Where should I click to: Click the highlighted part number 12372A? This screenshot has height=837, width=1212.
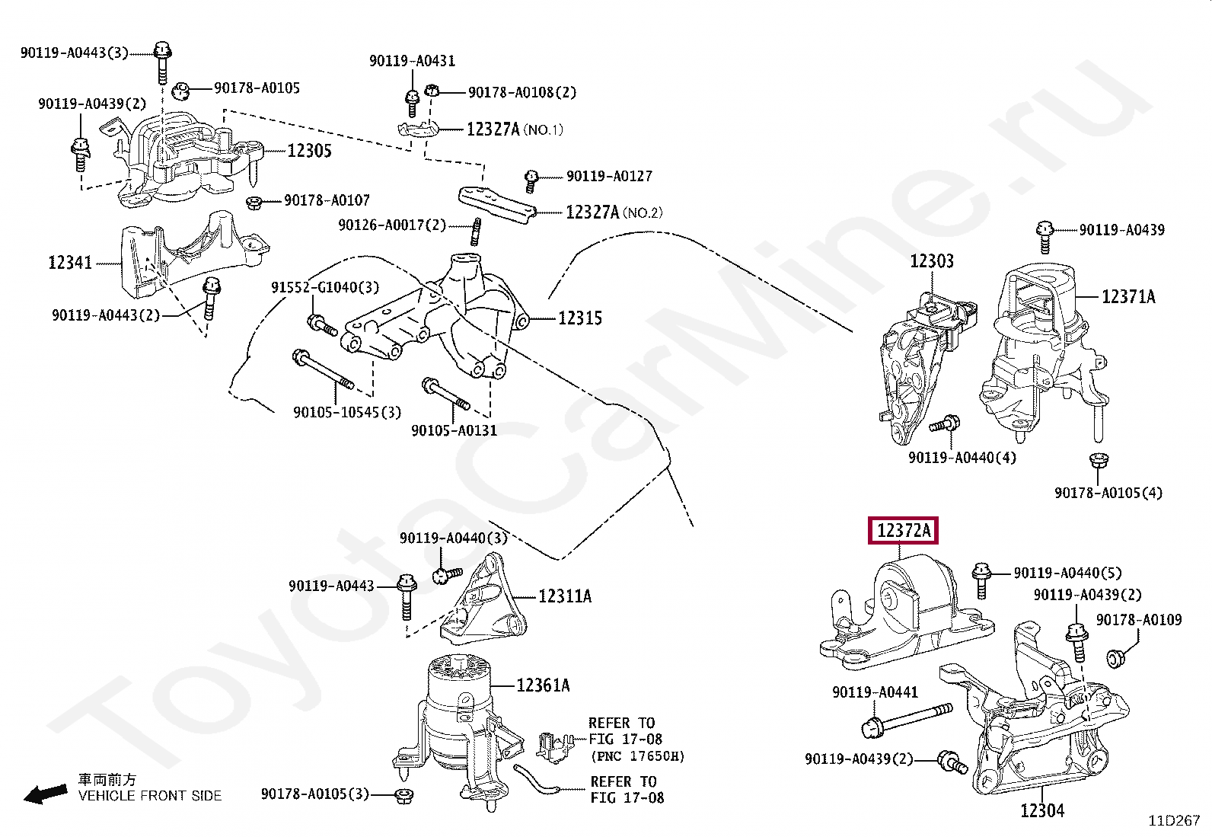pos(903,530)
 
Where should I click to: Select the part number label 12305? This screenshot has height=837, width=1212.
pos(309,151)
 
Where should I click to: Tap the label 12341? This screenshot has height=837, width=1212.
pos(70,263)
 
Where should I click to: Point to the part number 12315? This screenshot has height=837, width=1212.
pos(579,318)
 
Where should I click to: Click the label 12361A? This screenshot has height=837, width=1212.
pos(542,686)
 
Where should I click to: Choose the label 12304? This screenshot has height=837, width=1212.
pos(1042,810)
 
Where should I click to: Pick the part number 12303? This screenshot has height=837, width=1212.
pos(931,261)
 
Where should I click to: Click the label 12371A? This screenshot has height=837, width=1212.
pos(1128,296)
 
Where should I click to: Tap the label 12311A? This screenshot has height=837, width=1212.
pos(564,596)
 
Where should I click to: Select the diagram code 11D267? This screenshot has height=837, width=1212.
pos(1174,821)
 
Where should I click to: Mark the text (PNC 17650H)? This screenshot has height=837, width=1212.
pos(637,756)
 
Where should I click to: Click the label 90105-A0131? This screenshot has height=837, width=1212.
pos(454,431)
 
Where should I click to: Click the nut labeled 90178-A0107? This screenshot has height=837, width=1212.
pos(255,202)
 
